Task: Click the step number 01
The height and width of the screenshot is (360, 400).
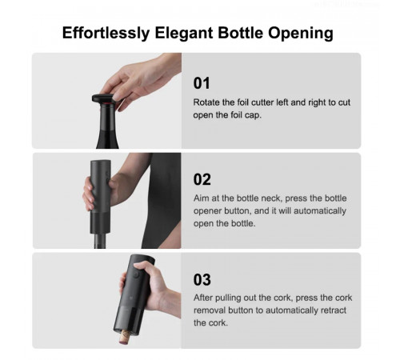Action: pos(202,82)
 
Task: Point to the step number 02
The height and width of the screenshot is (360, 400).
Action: pos(202,179)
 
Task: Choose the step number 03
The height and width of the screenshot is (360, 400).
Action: pos(202,279)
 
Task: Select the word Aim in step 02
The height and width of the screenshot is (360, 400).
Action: pos(202,198)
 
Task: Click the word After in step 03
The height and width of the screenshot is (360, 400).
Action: pos(206,298)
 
